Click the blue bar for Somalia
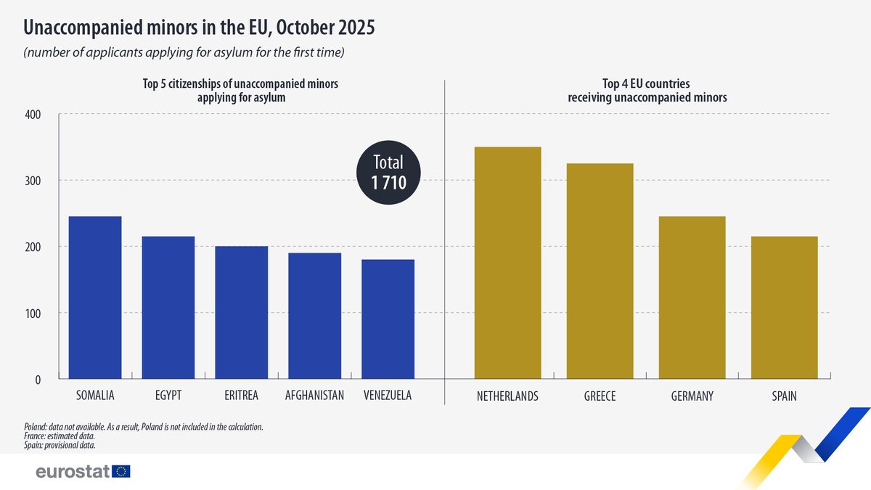95,298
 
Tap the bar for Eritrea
242,313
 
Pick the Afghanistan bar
314,316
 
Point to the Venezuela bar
388,319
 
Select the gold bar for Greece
600,271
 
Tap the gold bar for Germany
692,298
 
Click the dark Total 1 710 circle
387,173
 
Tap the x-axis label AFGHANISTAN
314,396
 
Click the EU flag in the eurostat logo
121,472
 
